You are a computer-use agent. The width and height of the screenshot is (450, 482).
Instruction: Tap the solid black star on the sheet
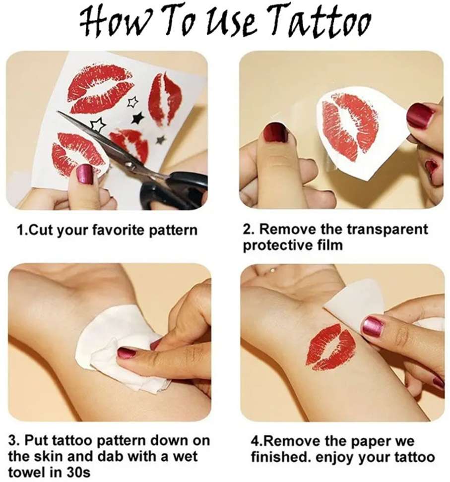tap(138, 118)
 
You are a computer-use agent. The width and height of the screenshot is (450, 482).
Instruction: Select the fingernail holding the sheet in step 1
tap(85, 174)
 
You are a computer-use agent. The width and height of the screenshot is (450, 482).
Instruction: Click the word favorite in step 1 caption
tap(118, 230)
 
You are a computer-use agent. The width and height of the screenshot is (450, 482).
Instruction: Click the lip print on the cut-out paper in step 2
tap(350, 126)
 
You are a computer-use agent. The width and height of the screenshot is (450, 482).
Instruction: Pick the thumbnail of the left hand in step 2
tap(275, 132)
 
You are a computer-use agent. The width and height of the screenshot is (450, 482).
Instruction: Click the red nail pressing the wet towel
tap(127, 352)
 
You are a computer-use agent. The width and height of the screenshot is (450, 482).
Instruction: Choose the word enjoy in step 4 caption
tap(335, 458)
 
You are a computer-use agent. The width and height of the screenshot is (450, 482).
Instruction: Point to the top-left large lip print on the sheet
tap(100, 88)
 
